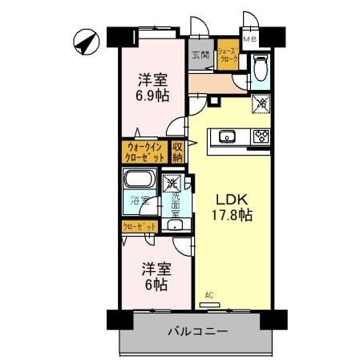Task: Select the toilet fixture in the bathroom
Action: (259, 67)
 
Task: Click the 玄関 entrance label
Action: (200, 55)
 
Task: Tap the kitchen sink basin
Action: (227, 136)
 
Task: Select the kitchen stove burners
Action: (261, 136)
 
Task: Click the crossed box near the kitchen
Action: (261, 103)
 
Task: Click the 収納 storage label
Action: (178, 152)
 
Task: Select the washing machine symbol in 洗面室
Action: (171, 185)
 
